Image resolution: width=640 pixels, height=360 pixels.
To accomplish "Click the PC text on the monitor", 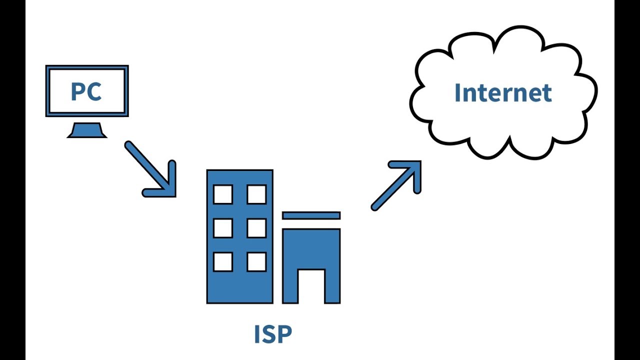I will point(86,91).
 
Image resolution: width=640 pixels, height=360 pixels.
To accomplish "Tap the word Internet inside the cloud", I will point(502,93).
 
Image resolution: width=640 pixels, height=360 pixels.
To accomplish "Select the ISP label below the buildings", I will point(272,334).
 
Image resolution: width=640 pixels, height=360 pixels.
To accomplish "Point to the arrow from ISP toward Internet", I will point(395,185).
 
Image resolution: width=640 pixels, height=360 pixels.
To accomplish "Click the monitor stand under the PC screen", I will point(87,130).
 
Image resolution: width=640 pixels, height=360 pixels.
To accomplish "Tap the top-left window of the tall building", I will point(223,194).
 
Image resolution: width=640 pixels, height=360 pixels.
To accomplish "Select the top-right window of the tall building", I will point(256,194).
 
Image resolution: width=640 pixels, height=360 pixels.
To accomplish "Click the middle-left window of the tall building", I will point(223,228).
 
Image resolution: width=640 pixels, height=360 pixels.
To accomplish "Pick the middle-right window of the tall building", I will point(256,228).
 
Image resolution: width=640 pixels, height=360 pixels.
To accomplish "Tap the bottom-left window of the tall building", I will point(223,262).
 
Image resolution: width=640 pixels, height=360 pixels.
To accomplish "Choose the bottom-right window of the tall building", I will point(256,262).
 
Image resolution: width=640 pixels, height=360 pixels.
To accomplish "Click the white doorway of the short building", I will point(311,286).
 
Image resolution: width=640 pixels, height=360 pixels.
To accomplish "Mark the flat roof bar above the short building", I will point(311,215).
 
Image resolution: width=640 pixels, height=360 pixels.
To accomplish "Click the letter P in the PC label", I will point(78,91).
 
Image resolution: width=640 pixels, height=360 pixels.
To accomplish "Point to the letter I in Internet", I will point(458,93).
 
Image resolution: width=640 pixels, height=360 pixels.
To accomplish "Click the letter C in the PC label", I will point(94,91).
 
